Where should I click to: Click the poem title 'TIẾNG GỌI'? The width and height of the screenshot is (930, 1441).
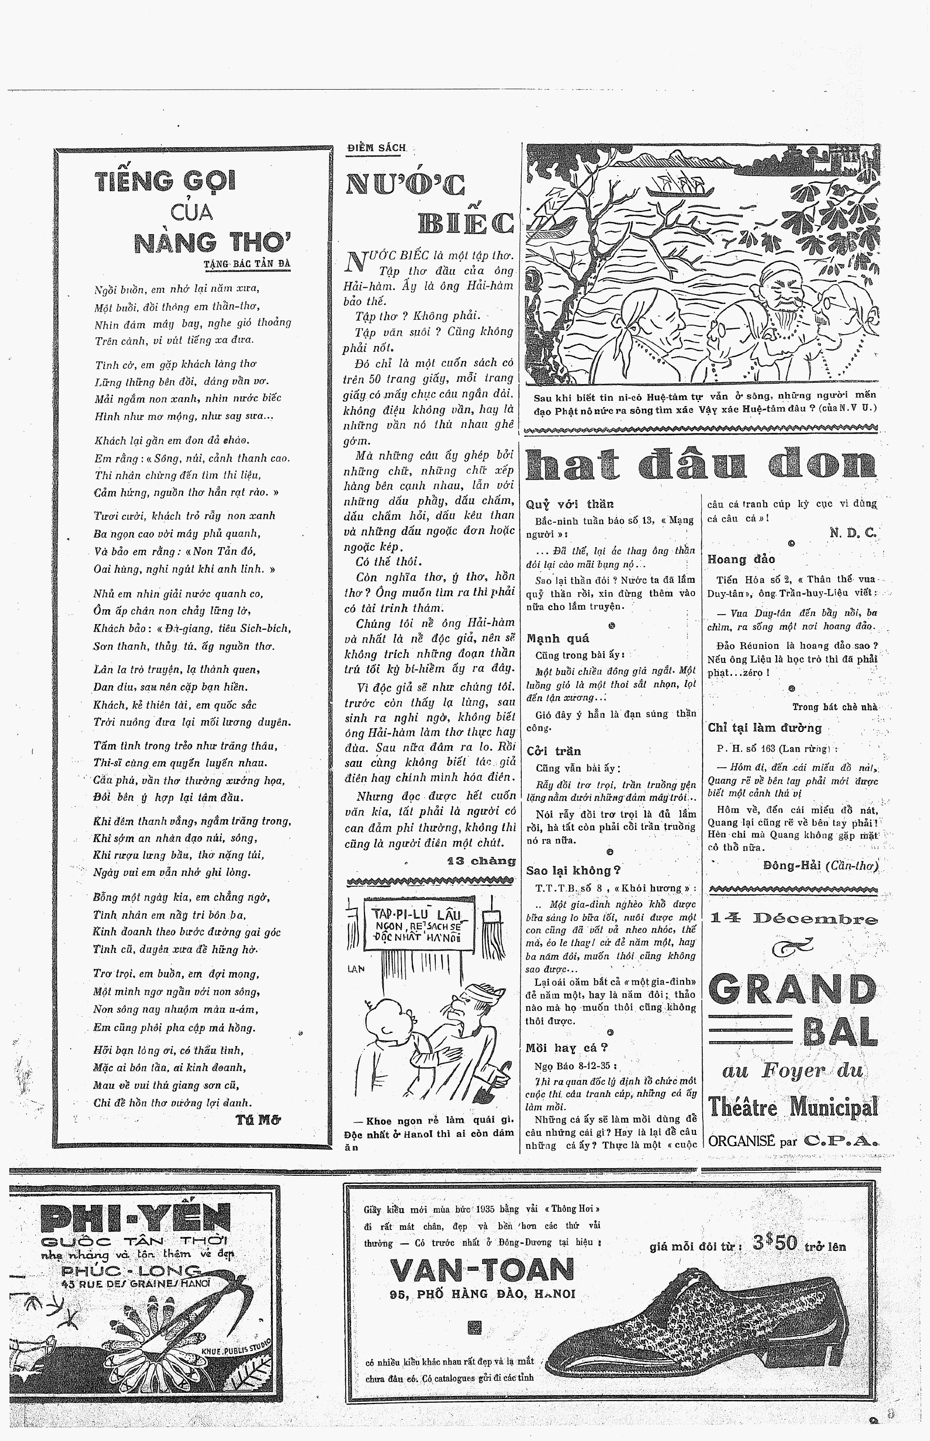click(x=166, y=181)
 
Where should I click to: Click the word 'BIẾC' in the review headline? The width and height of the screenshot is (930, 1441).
click(x=465, y=223)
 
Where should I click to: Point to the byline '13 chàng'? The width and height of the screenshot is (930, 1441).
click(x=481, y=861)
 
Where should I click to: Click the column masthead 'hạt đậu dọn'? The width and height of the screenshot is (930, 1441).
click(x=700, y=466)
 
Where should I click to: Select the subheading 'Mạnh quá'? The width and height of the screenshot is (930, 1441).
click(x=557, y=639)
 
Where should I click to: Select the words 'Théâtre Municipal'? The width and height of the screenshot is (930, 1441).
click(x=793, y=1107)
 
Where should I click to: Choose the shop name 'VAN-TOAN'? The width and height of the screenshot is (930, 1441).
click(x=482, y=1270)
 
